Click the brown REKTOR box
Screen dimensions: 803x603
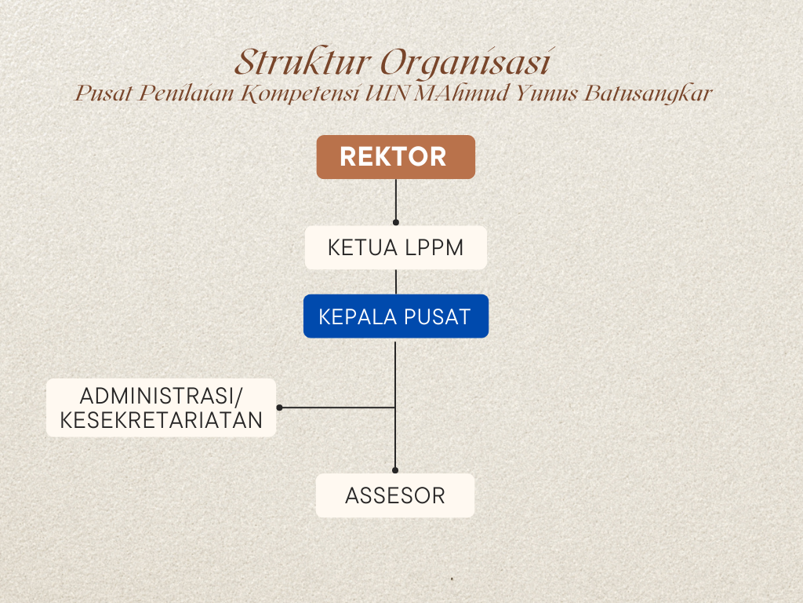click(396, 157)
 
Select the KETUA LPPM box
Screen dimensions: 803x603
click(396, 247)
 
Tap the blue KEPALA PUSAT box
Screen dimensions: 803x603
click(396, 316)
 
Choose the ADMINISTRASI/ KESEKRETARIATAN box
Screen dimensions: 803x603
click(162, 407)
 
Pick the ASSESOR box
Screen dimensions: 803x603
click(395, 495)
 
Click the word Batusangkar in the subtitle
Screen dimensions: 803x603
click(649, 93)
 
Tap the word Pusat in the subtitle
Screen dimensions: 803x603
click(104, 93)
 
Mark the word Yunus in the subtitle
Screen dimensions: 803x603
click(547, 93)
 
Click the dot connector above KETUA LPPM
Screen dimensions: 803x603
click(396, 222)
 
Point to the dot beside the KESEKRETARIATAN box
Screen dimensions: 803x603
click(280, 407)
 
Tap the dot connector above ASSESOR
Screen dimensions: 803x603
click(395, 470)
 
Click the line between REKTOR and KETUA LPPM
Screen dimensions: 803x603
click(396, 200)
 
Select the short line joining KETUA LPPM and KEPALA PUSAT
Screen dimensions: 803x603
click(396, 282)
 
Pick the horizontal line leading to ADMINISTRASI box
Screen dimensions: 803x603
click(337, 407)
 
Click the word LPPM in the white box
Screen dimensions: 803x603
click(434, 247)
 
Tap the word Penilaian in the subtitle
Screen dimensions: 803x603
click(187, 93)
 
